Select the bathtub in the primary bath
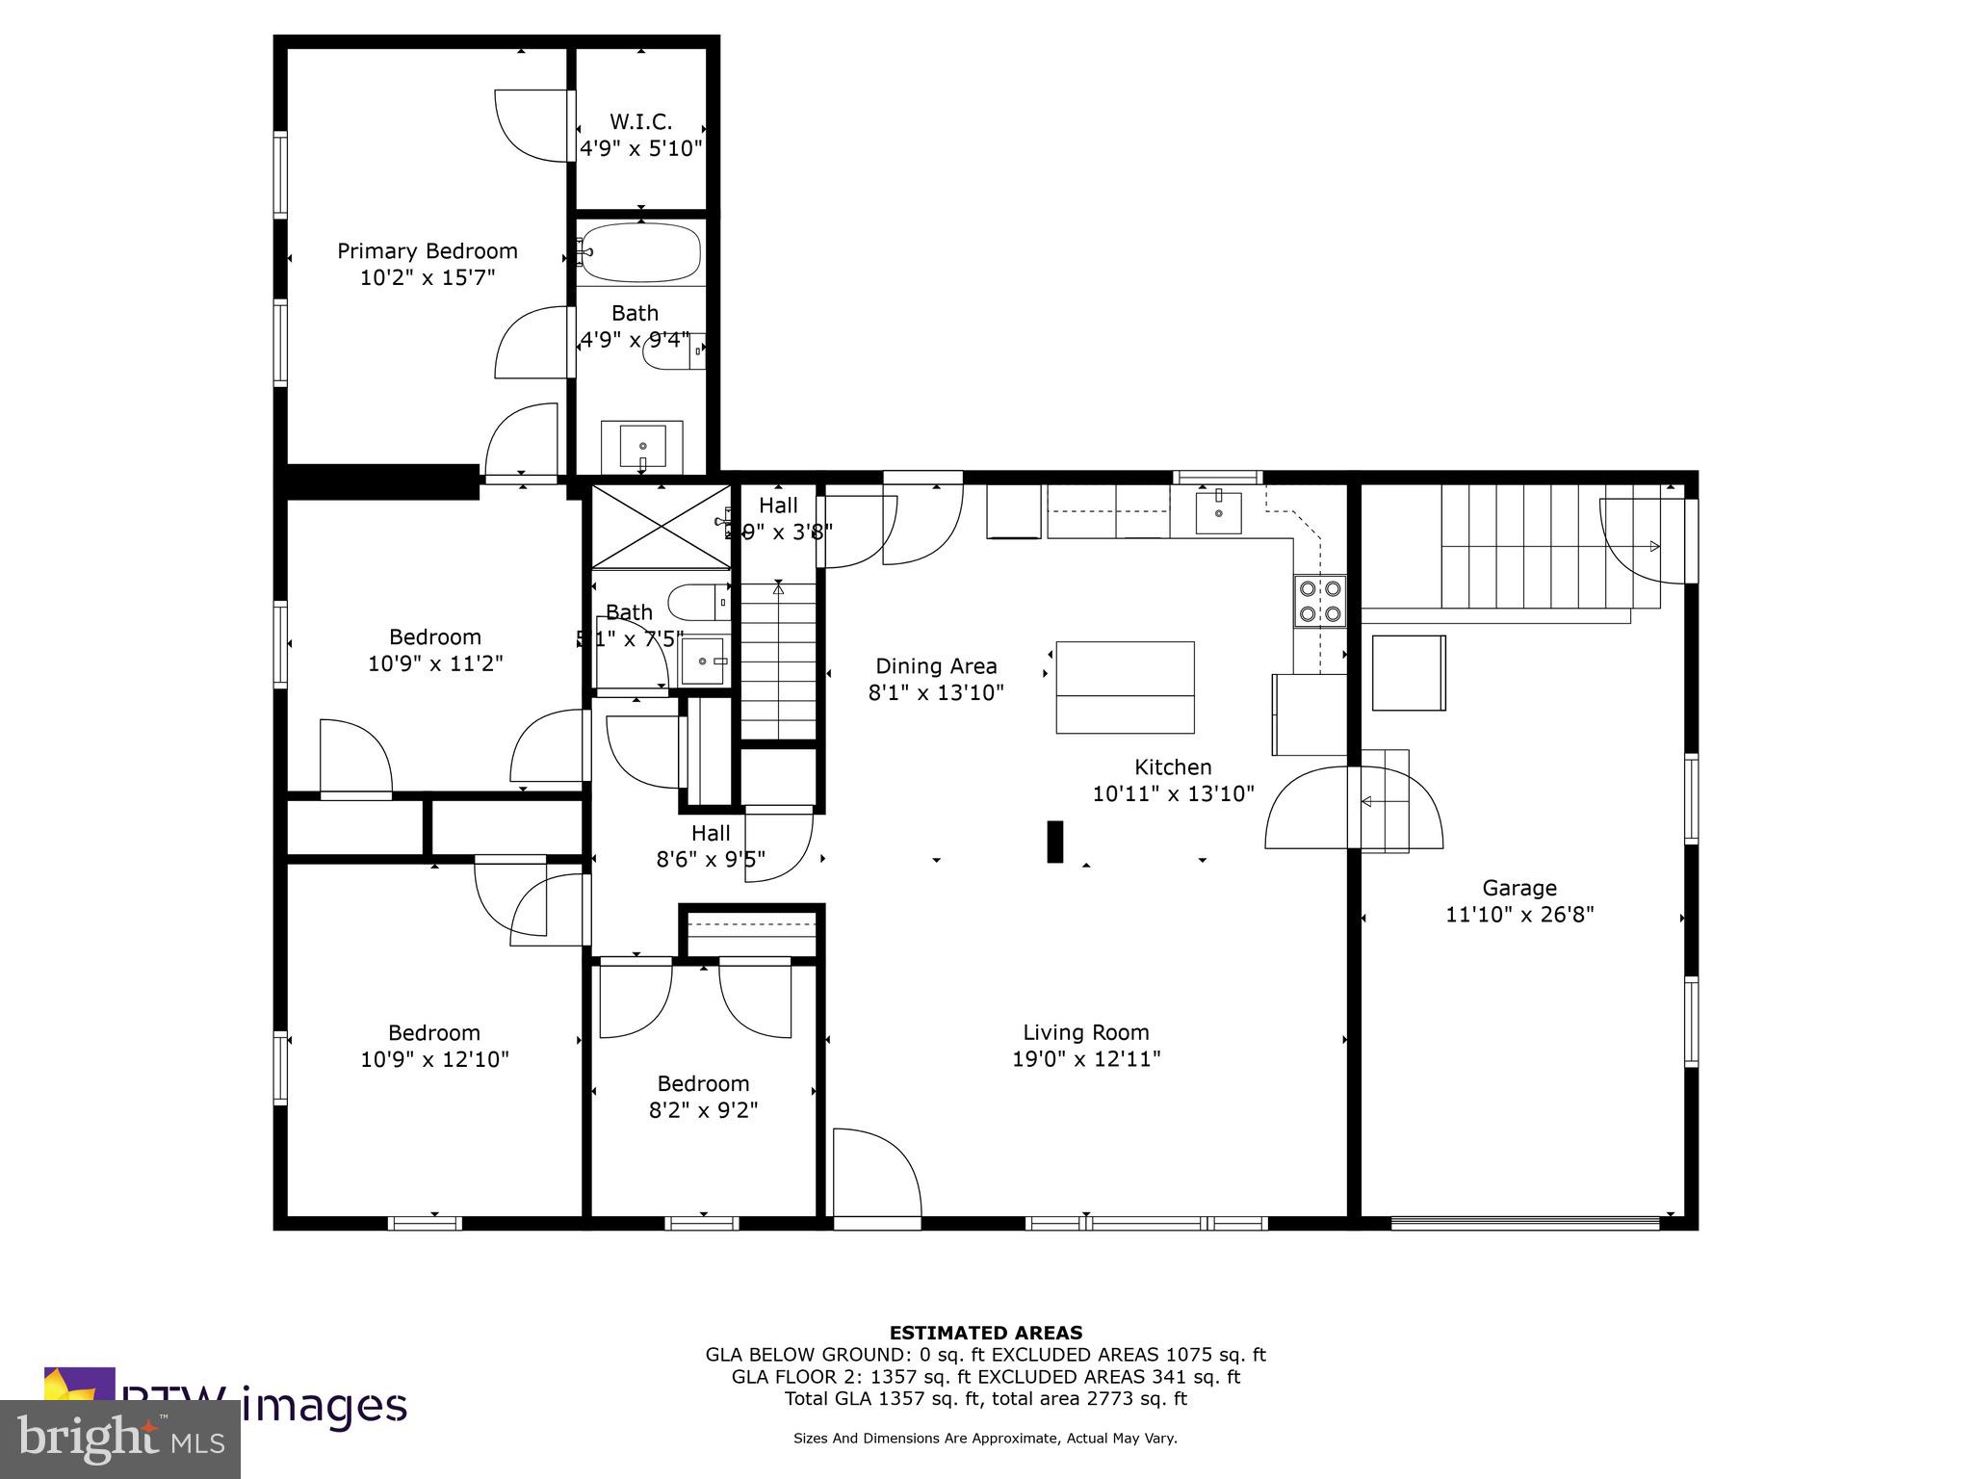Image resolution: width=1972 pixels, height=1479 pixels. pyautogui.click(x=640, y=252)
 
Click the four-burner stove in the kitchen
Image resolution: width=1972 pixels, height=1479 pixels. pyautogui.click(x=1319, y=601)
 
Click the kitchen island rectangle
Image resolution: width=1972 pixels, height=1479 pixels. pyautogui.click(x=1125, y=688)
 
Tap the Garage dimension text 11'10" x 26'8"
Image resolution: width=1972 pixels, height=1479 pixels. pyautogui.click(x=1519, y=915)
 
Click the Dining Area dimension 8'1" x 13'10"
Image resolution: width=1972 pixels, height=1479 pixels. pyautogui.click(x=936, y=692)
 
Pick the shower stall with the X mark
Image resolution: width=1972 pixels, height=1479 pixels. pyautogui.click(x=661, y=527)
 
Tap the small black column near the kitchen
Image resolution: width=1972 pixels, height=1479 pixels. pyautogui.click(x=1054, y=842)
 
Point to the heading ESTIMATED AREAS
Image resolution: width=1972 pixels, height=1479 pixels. pyautogui.click(x=985, y=1333)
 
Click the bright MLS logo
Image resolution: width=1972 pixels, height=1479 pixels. pyautogui.click(x=120, y=1440)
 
